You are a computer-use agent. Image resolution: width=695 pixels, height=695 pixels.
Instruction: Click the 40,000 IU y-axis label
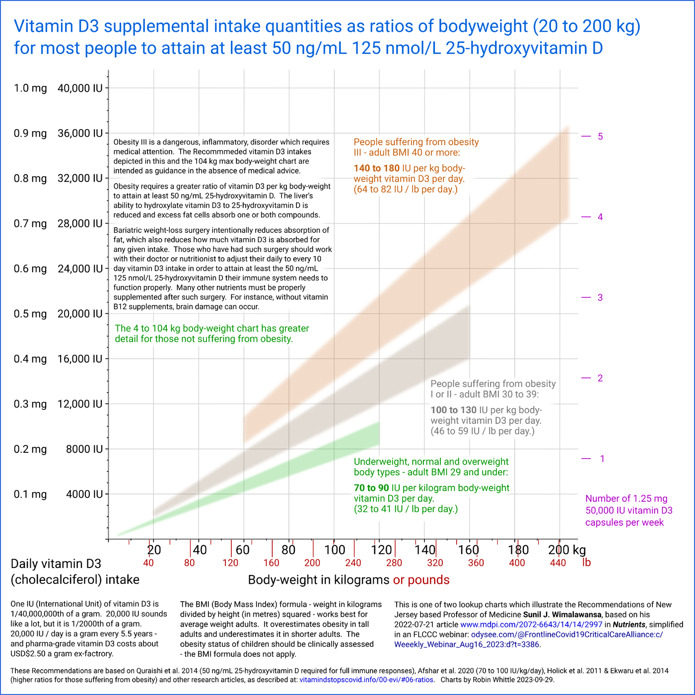pos(80,88)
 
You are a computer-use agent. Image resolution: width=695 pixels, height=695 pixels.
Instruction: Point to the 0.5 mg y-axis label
pos(30,314)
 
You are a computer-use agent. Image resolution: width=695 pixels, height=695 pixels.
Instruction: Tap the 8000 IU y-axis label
pos(84,449)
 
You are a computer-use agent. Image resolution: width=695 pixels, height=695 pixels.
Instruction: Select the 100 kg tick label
pos(335,550)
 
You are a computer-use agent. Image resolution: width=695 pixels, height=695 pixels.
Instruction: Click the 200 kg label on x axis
pos(567,550)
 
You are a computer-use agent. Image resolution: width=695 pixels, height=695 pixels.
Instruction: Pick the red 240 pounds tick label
pos(353,563)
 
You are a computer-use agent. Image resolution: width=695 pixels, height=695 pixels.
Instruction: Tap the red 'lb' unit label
pos(586,563)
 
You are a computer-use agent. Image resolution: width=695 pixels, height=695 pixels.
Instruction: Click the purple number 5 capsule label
pos(600,137)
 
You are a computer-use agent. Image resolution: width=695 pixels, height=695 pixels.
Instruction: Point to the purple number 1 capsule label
pos(602,459)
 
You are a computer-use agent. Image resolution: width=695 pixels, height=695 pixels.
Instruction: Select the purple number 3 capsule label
pos(600,297)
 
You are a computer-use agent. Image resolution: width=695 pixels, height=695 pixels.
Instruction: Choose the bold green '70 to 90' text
pos(371,488)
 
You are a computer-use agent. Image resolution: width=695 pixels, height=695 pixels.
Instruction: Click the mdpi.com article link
pos(531,625)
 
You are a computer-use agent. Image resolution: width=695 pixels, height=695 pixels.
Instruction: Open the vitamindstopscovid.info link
pos(366,680)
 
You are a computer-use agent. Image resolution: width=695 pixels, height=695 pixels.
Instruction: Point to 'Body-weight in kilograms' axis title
pos(319,580)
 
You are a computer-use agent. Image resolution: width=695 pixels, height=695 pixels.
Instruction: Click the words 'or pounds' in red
pos(421,580)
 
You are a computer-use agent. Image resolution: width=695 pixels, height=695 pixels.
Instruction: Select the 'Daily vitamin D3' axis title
pos(56,564)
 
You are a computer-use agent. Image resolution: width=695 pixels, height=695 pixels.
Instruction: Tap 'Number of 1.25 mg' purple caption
pos(626,498)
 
